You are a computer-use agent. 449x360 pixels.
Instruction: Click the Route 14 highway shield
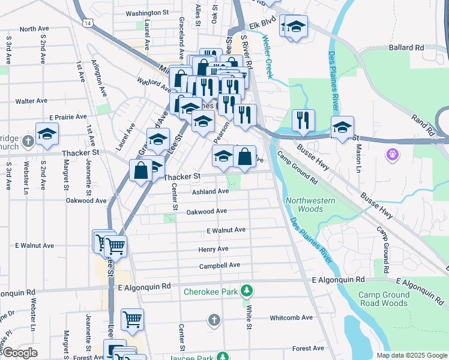coord(88,23)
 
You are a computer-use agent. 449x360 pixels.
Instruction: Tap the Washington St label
coord(147,13)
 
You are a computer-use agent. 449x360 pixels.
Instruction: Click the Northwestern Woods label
coord(305,205)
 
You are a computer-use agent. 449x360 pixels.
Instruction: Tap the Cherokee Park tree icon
coord(246,292)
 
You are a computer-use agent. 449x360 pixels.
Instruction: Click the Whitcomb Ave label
coord(291,317)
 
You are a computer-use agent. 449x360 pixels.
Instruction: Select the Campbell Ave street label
coord(220,265)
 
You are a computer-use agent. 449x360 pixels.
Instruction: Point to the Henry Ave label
coord(213,248)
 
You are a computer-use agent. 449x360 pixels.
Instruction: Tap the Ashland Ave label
coord(210,191)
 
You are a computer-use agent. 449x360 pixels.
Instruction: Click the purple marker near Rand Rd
coord(393,155)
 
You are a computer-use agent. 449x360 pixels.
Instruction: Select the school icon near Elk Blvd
coord(295,27)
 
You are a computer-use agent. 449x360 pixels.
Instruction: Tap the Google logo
coord(20,352)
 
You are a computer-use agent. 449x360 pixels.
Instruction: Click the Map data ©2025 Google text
coord(411,355)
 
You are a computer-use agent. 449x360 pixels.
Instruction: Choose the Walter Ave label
coord(31,101)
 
